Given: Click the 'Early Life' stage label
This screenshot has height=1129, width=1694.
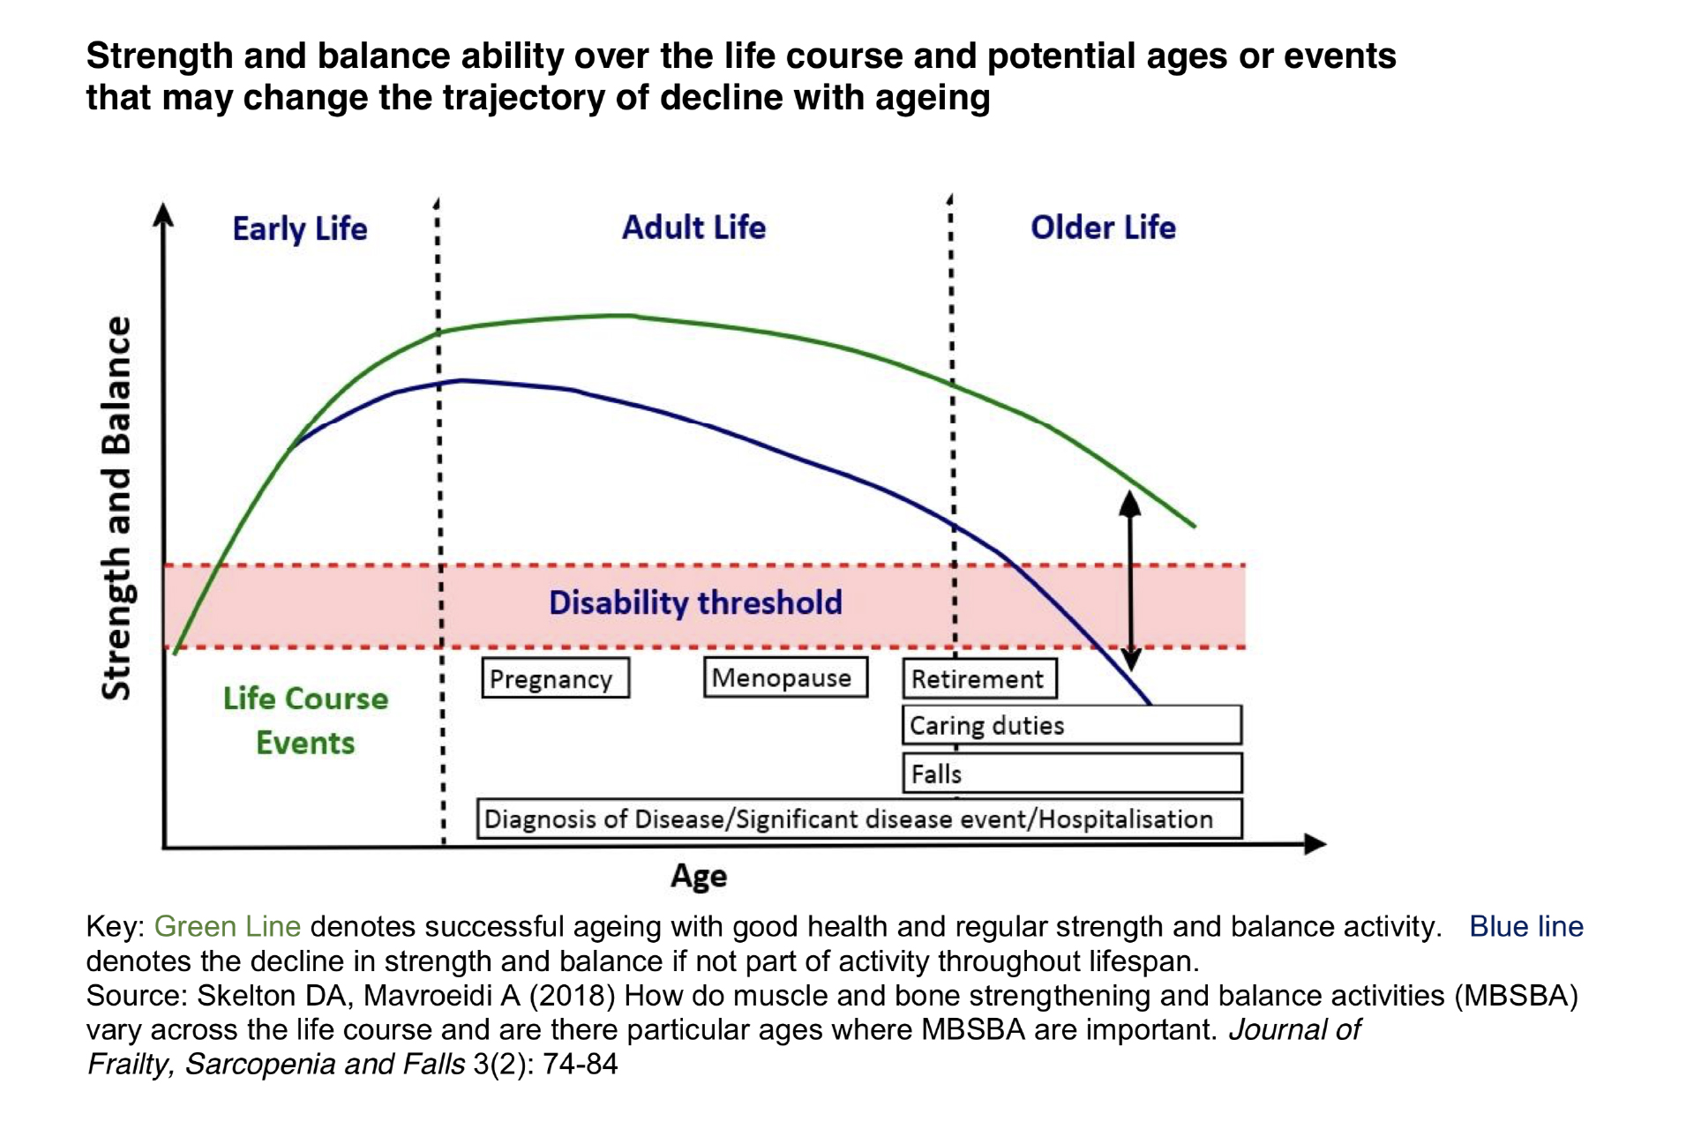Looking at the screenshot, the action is pos(300,228).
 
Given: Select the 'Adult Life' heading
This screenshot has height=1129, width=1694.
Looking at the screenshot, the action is pos(693,227).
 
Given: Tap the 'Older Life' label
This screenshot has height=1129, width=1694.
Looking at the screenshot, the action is pos(1103,227).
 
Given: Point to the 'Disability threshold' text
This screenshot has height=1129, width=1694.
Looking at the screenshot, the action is pos(695,602).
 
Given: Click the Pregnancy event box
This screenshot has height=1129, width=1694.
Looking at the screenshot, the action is pos(556,678).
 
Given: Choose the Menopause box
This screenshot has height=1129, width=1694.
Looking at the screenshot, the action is pos(785,677).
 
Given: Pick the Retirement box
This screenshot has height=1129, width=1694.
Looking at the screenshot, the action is pos(979,679).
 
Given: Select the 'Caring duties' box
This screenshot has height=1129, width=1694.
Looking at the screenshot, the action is pos(1072,725).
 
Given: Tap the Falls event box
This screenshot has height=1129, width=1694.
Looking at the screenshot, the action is pos(1072,774).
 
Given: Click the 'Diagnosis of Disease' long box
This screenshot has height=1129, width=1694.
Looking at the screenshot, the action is pos(859,819).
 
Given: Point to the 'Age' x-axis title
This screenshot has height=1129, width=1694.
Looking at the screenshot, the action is pos(699,876).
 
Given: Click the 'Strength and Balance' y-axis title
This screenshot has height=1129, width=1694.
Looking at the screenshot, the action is pos(116,508).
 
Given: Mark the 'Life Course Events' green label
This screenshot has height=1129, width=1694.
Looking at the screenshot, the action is pos(305,721).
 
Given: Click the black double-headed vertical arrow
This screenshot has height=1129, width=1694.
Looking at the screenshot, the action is pos(1130,580).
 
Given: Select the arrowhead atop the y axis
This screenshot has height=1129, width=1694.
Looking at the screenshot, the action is pos(163,214).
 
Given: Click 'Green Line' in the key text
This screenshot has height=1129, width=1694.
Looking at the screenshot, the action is pos(228,926).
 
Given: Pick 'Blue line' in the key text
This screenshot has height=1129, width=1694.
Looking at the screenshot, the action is pos(1526,926).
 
